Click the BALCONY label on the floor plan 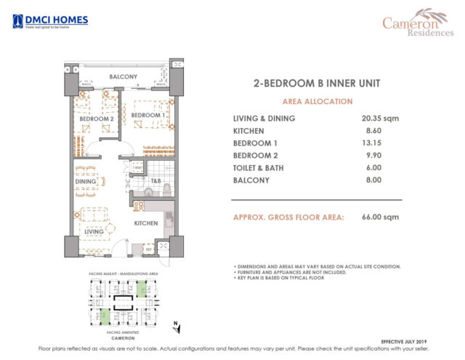click(x=124, y=76)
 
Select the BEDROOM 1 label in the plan click(x=148, y=115)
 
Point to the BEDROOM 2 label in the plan click(x=97, y=118)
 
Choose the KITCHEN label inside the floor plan click(x=146, y=223)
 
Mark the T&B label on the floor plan click(x=155, y=180)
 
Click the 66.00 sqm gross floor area click(x=381, y=217)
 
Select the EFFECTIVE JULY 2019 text click(x=411, y=340)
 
